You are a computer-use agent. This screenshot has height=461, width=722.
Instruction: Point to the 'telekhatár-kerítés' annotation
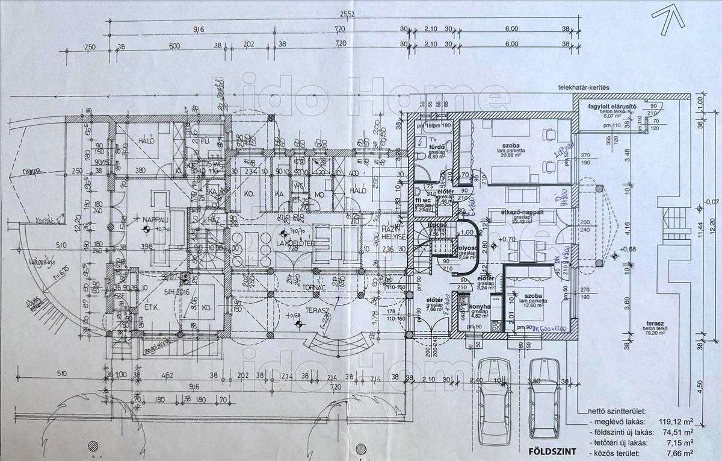[x=584, y=88]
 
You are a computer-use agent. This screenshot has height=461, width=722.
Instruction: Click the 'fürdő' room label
[x=436, y=145]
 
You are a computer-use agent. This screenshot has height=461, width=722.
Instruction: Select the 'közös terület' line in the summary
[x=614, y=452]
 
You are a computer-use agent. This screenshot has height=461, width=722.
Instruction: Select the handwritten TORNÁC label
[x=313, y=288]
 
